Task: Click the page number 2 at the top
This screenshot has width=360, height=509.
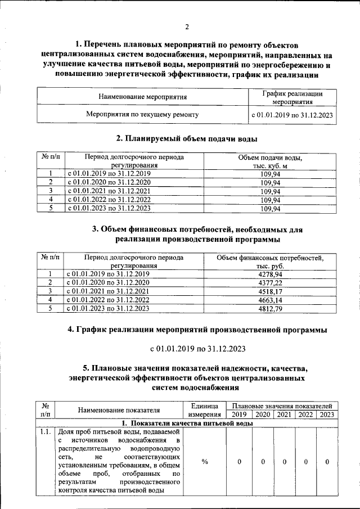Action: (186, 26)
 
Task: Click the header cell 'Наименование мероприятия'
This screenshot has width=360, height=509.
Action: (143, 97)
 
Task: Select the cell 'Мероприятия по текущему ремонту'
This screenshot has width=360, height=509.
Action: (142, 114)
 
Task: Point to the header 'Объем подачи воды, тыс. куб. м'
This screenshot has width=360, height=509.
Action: (271, 161)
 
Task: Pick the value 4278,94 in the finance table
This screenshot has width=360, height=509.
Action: (271, 273)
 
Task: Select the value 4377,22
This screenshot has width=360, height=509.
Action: (271, 282)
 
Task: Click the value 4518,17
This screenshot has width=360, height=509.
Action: (271, 291)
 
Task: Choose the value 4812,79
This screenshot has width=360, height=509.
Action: (271, 308)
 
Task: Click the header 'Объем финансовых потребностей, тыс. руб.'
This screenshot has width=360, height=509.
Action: (271, 262)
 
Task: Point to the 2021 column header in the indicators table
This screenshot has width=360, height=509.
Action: (284, 415)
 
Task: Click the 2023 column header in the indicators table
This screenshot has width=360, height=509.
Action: (326, 415)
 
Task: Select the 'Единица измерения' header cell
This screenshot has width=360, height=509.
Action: (205, 410)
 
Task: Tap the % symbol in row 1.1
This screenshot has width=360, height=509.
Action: (205, 462)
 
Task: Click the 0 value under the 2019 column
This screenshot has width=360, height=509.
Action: (239, 462)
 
